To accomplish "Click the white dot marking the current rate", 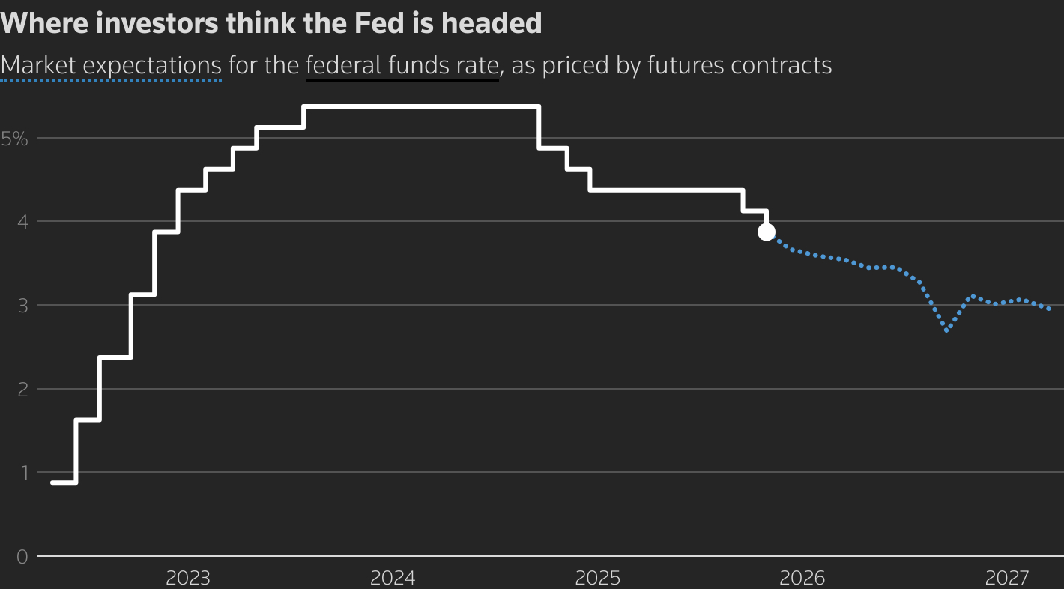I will tap(766, 232).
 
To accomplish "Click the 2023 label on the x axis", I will tap(188, 578).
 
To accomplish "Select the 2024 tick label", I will tap(393, 578).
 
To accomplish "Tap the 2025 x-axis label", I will tap(597, 578).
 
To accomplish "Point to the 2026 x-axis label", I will tap(802, 578).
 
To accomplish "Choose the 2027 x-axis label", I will tap(1007, 578).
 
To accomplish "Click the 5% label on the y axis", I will tap(14, 139).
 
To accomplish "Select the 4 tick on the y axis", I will tap(22, 222).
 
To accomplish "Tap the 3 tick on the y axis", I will tap(22, 306).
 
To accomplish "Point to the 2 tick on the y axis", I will tap(22, 389).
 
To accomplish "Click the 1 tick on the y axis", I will tap(22, 473).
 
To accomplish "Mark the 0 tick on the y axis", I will tap(22, 557).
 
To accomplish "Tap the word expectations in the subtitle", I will tap(152, 66).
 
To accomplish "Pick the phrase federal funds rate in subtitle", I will tap(402, 66).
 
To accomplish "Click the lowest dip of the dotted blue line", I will tap(948, 330).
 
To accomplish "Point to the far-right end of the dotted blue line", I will tap(1048, 309).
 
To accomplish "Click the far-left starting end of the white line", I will tap(52, 483).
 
